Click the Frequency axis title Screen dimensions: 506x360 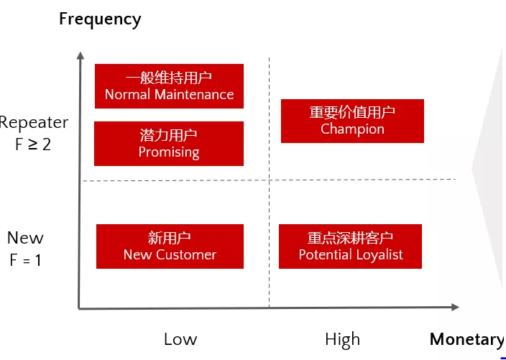click(x=100, y=19)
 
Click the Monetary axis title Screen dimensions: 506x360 click(x=467, y=340)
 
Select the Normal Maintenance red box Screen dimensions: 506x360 click(x=169, y=86)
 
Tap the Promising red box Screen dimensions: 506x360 click(x=169, y=144)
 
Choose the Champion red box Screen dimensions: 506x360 click(x=352, y=121)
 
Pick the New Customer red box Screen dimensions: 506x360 click(x=170, y=246)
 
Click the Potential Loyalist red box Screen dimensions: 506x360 click(x=350, y=246)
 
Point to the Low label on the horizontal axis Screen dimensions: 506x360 click(x=180, y=339)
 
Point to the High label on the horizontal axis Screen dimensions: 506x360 click(x=342, y=340)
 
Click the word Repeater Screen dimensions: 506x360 click(x=34, y=123)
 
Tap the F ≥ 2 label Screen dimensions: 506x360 click(x=33, y=144)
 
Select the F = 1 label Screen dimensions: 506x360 click(x=25, y=260)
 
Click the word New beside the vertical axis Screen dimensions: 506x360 click(x=25, y=238)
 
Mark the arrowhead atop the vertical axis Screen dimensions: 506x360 click(x=80, y=55)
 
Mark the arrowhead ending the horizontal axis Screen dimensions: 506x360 click(x=456, y=307)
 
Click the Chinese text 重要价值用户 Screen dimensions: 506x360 click(x=352, y=112)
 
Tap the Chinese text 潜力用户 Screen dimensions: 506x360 click(x=168, y=135)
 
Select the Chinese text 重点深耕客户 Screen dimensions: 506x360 click(x=350, y=238)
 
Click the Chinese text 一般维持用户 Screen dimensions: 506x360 click(x=169, y=78)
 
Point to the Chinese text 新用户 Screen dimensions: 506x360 click(x=170, y=238)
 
